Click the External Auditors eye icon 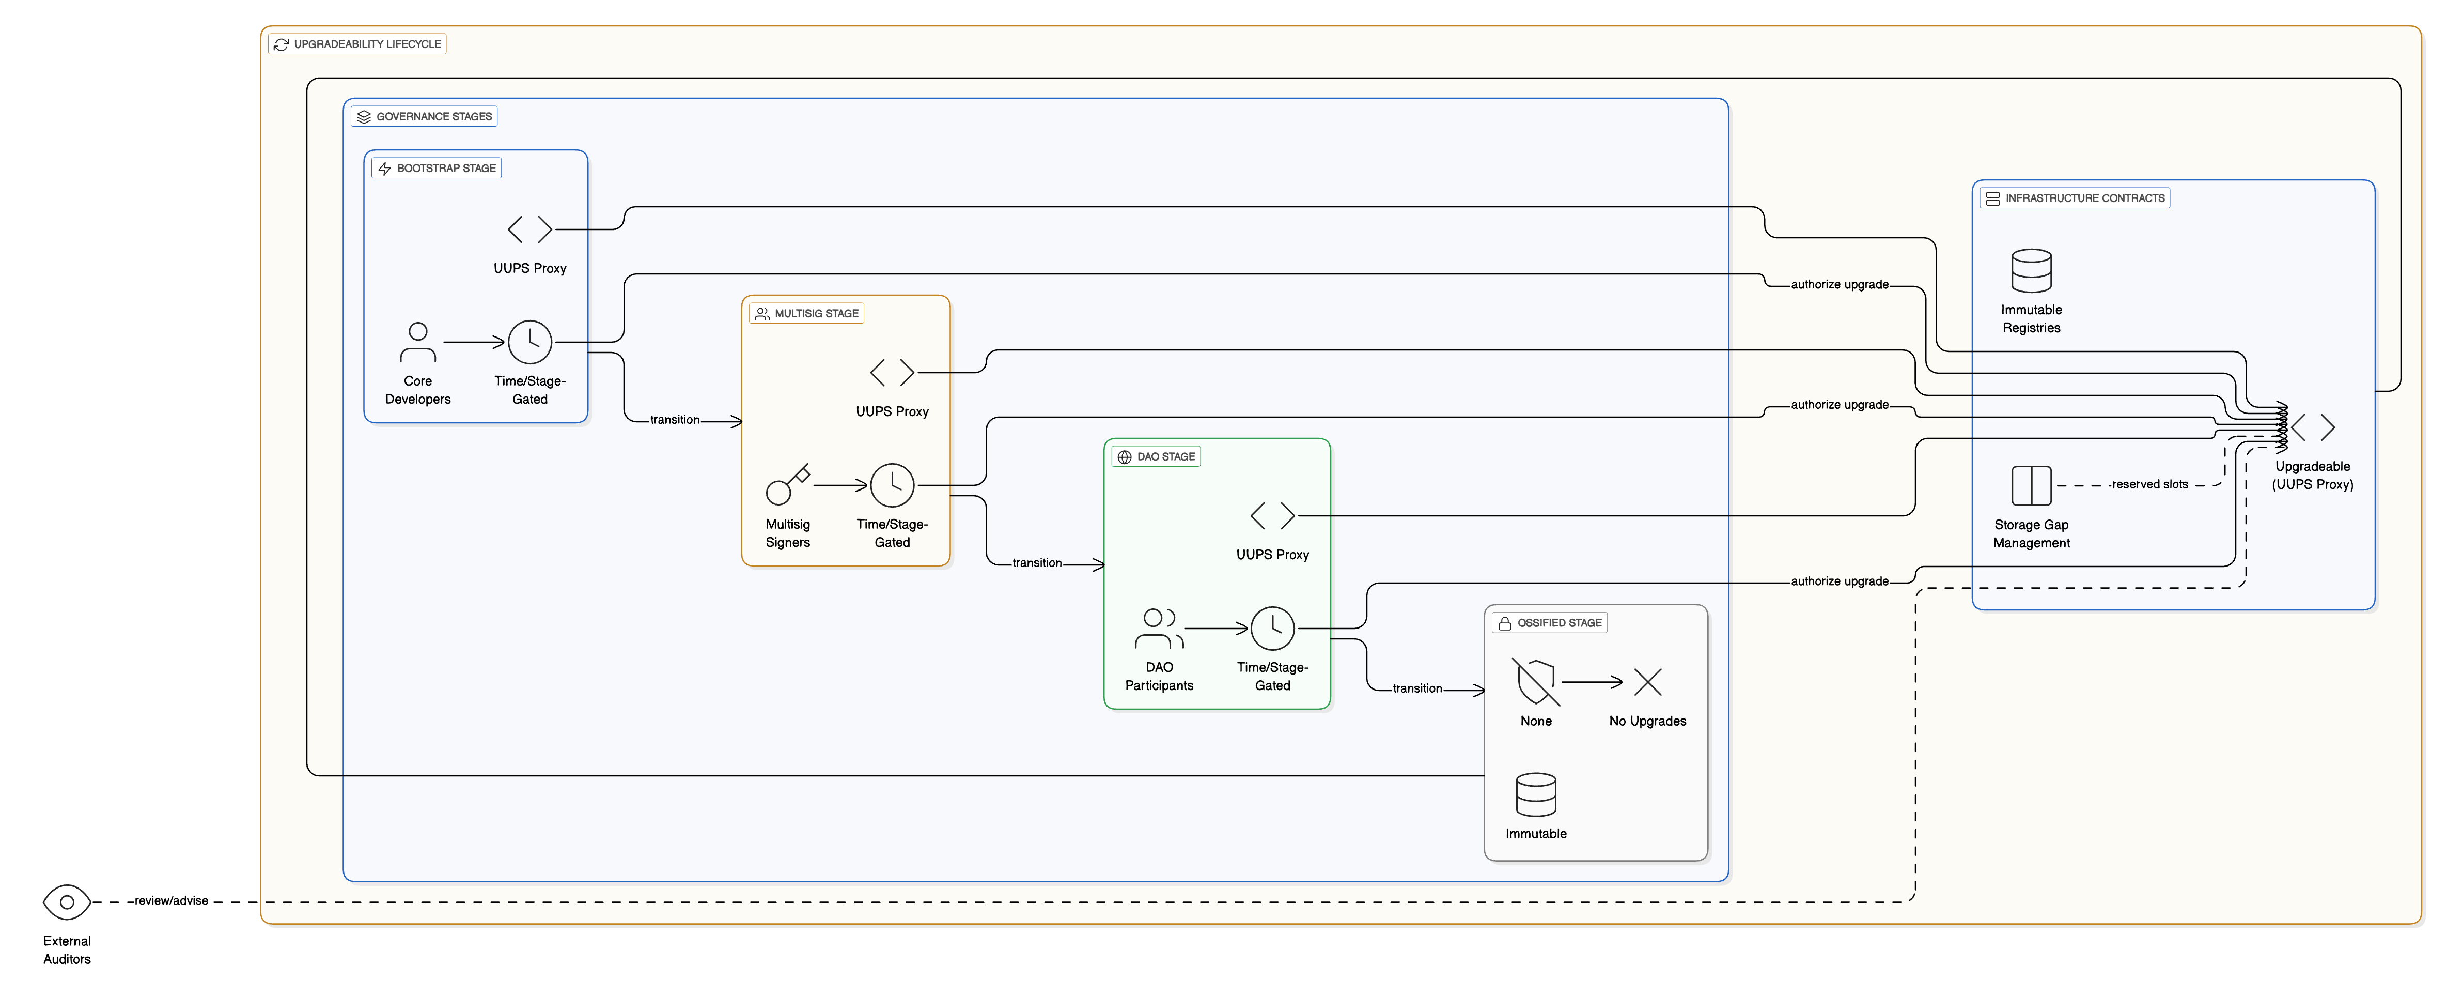(x=67, y=902)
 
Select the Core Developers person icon (x=418, y=342)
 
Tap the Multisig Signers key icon (x=787, y=485)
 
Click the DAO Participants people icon (x=1159, y=628)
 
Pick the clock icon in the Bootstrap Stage (x=530, y=342)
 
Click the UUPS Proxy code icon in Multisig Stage (x=892, y=373)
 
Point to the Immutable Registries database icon (x=2031, y=271)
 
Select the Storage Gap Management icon (x=2031, y=486)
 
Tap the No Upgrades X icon (x=1647, y=682)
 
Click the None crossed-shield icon (x=1535, y=682)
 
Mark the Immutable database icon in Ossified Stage (x=1535, y=794)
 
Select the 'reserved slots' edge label (x=2149, y=485)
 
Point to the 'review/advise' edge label (x=171, y=901)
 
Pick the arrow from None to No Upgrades (x=1592, y=682)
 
